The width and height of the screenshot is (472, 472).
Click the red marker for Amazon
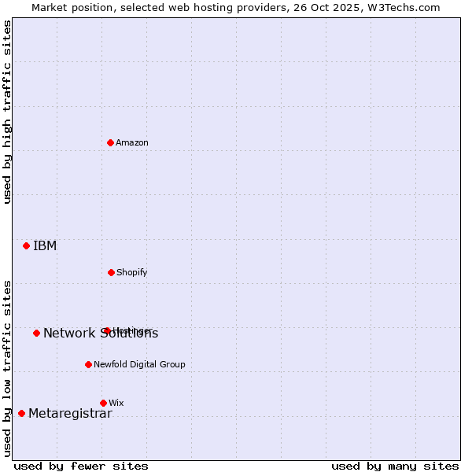110,142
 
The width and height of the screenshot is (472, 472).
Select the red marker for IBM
26,245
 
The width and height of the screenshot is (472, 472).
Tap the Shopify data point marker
111,272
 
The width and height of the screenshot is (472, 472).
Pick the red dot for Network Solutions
36,333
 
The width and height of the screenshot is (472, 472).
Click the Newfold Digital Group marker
88,364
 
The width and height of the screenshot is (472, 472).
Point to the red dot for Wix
103,403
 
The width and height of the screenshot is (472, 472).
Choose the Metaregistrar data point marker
21,413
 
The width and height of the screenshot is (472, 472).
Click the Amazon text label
132,142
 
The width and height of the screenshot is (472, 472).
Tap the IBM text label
45,245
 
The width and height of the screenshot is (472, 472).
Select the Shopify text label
132,272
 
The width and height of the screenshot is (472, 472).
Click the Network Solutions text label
101,334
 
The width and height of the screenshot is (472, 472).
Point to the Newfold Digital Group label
139,364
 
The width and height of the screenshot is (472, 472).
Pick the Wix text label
116,403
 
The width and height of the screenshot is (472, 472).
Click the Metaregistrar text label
70,414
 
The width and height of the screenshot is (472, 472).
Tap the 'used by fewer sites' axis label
81,466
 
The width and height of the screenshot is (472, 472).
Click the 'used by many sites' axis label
395,466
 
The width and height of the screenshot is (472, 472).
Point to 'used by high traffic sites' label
8,112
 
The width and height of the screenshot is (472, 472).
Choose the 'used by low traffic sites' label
8,368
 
